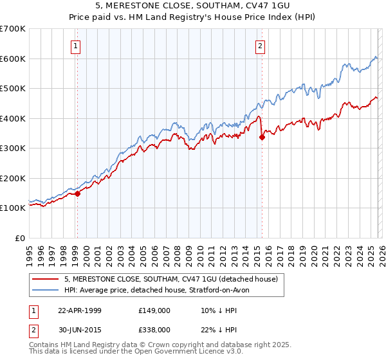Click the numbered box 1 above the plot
(76, 46)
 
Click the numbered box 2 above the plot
(261, 46)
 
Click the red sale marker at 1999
(77, 193)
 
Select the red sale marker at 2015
(262, 136)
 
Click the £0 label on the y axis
(19, 238)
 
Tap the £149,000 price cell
(154, 310)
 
